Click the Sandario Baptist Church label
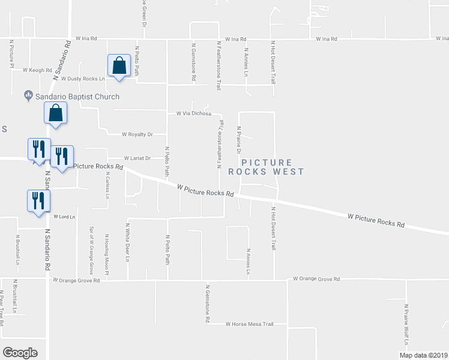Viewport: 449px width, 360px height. [77, 97]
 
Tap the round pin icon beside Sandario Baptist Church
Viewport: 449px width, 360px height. [28, 95]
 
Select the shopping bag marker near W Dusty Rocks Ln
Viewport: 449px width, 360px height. [119, 66]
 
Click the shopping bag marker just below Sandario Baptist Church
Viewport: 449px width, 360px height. [55, 113]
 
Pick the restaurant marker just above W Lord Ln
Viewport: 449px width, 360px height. [38, 200]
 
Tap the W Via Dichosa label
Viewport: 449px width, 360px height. [194, 113]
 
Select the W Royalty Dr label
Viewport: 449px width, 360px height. [137, 134]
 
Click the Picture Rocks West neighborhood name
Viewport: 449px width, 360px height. [273, 167]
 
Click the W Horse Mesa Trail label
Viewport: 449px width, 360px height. [249, 324]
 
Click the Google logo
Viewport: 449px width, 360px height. [20, 352]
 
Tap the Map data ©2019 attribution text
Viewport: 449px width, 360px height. [423, 355]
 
